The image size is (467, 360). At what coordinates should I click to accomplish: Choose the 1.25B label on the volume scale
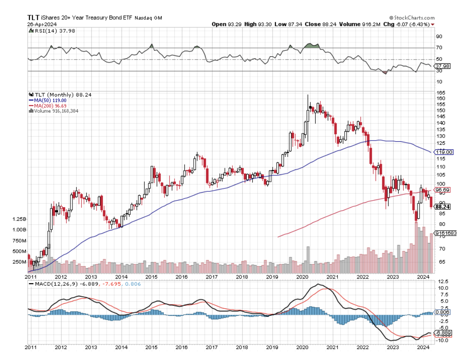point(19,219)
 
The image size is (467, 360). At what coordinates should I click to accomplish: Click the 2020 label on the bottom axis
point(302,277)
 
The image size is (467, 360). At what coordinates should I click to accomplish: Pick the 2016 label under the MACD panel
point(182,347)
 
